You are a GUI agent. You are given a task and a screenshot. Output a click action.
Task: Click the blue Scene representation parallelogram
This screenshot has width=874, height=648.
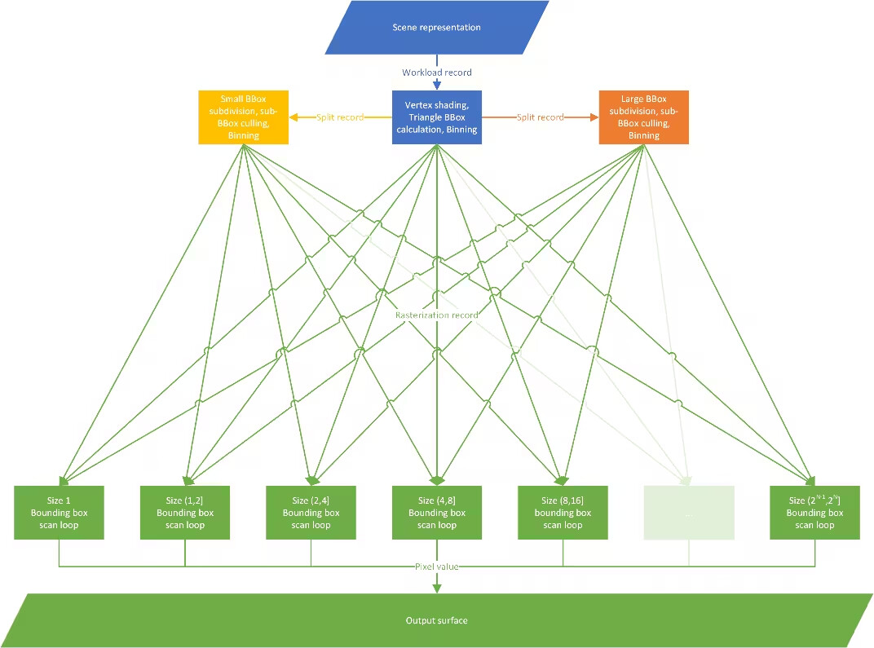(437, 27)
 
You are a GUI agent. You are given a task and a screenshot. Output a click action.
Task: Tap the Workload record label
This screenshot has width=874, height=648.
(437, 73)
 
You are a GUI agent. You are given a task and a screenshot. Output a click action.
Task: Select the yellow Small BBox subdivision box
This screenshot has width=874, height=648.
(243, 117)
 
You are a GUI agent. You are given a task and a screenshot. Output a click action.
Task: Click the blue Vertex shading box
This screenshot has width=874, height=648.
(437, 117)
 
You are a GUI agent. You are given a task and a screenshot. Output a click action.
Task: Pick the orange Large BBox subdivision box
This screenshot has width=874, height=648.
(643, 117)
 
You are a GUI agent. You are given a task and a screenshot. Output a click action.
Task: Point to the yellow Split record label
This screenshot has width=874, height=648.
(340, 117)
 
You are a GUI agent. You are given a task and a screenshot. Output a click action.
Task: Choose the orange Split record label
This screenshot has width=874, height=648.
(540, 117)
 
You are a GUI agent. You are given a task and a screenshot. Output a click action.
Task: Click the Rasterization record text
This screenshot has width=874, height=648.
(437, 315)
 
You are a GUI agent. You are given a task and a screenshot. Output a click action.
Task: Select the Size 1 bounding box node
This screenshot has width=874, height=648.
(60, 513)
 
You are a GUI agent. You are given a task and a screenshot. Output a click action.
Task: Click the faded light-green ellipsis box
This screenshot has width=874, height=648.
(689, 513)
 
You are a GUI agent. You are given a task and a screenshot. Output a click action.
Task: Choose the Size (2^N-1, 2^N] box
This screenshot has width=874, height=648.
(814, 513)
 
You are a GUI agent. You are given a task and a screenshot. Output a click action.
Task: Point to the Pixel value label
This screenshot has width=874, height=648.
(437, 566)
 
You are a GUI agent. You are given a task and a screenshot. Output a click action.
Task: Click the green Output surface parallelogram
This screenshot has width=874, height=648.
(437, 620)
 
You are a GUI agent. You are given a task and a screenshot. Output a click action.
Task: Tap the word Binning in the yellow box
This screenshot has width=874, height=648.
(243, 135)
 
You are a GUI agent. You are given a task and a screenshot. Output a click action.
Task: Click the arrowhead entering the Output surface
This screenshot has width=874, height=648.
(437, 588)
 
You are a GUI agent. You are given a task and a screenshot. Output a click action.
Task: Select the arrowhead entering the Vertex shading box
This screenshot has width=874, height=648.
(437, 86)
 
